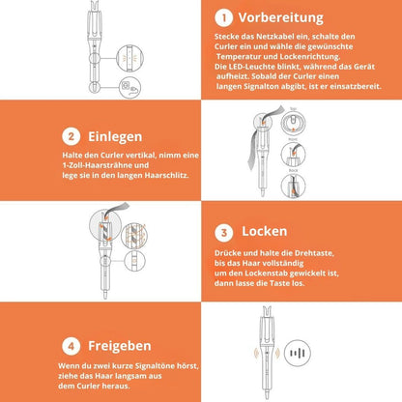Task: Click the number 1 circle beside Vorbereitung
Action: click(224, 17)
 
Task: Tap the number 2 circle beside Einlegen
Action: click(72, 137)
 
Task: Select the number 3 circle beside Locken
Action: click(224, 233)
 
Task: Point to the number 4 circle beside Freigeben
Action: click(72, 344)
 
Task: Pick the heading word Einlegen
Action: click(116, 137)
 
